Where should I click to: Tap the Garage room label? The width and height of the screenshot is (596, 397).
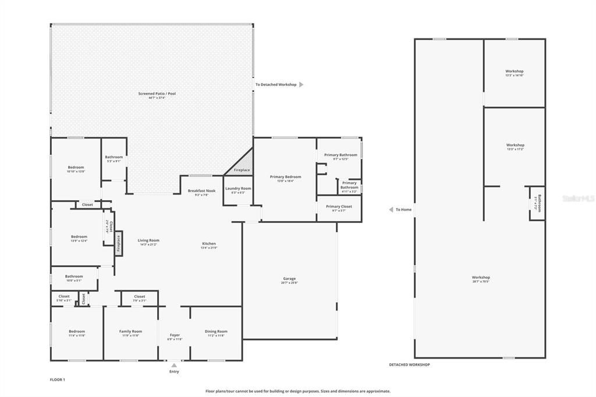tap(289, 279)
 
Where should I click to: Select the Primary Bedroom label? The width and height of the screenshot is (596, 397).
tap(285, 177)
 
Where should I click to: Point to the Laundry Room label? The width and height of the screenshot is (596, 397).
tap(238, 189)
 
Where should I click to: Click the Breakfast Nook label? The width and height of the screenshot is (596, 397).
tap(201, 191)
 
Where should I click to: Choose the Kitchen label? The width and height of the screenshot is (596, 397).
tap(208, 244)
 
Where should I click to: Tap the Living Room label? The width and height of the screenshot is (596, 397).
tap(148, 240)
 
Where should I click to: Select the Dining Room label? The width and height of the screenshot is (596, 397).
tap(216, 332)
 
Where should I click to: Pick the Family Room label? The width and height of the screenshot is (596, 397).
tap(130, 332)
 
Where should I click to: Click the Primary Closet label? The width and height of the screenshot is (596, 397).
tap(339, 207)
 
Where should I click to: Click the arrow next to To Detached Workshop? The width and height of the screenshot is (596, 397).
tap(301, 85)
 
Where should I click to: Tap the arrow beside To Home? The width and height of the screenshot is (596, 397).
tap(391, 210)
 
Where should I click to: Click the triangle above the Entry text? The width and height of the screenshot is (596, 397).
tap(174, 366)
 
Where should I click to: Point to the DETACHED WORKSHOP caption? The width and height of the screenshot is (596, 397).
tap(409, 364)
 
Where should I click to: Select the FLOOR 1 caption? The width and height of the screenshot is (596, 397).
tap(58, 380)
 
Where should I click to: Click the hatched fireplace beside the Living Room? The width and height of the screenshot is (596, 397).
tap(118, 243)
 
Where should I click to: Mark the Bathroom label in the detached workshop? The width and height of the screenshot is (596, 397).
tap(539, 203)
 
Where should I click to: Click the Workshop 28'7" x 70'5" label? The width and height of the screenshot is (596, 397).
tap(481, 278)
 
